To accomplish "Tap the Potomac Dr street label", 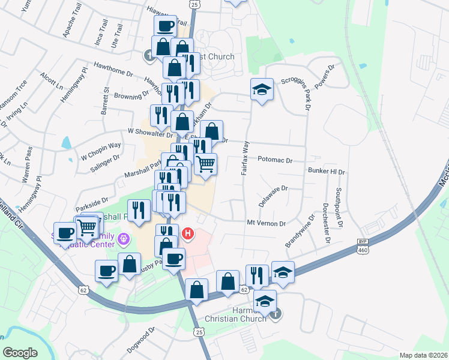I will (x=275, y=161).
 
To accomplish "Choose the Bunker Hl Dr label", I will (x=327, y=172).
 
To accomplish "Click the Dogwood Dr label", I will (x=141, y=340).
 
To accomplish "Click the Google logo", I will (x=20, y=353).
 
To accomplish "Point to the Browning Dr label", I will (x=131, y=94).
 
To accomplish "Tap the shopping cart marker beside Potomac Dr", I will (x=206, y=163).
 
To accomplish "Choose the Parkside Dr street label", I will (x=92, y=200).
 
